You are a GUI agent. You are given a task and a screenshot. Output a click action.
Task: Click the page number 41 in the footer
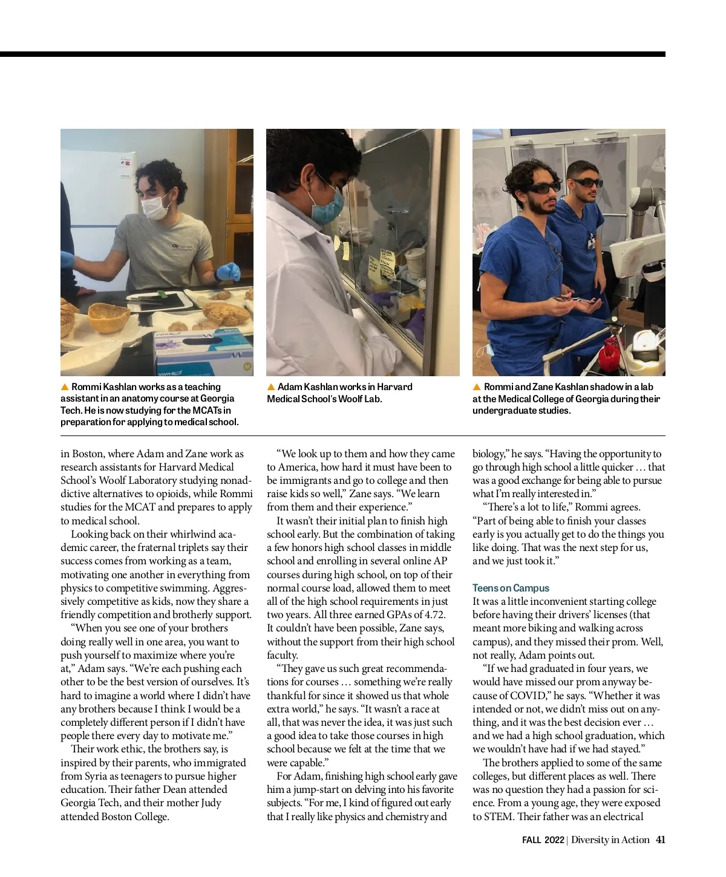pyautogui.click(x=661, y=840)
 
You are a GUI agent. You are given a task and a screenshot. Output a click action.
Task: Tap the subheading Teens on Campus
pyautogui.click(x=511, y=588)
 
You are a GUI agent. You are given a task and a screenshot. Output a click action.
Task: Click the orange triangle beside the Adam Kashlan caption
pyautogui.click(x=272, y=387)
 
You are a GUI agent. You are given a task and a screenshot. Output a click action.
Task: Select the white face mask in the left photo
pyautogui.click(x=156, y=204)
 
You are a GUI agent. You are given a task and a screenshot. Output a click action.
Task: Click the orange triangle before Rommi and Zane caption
pyautogui.click(x=477, y=387)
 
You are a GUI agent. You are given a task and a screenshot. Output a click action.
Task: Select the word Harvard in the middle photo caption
pyautogui.click(x=394, y=387)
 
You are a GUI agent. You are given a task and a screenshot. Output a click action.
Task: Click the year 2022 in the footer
pyautogui.click(x=554, y=840)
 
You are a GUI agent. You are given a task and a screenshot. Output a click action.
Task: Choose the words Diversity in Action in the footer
pyautogui.click(x=610, y=840)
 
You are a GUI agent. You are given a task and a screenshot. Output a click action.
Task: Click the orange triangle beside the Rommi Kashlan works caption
pyautogui.click(x=65, y=387)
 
